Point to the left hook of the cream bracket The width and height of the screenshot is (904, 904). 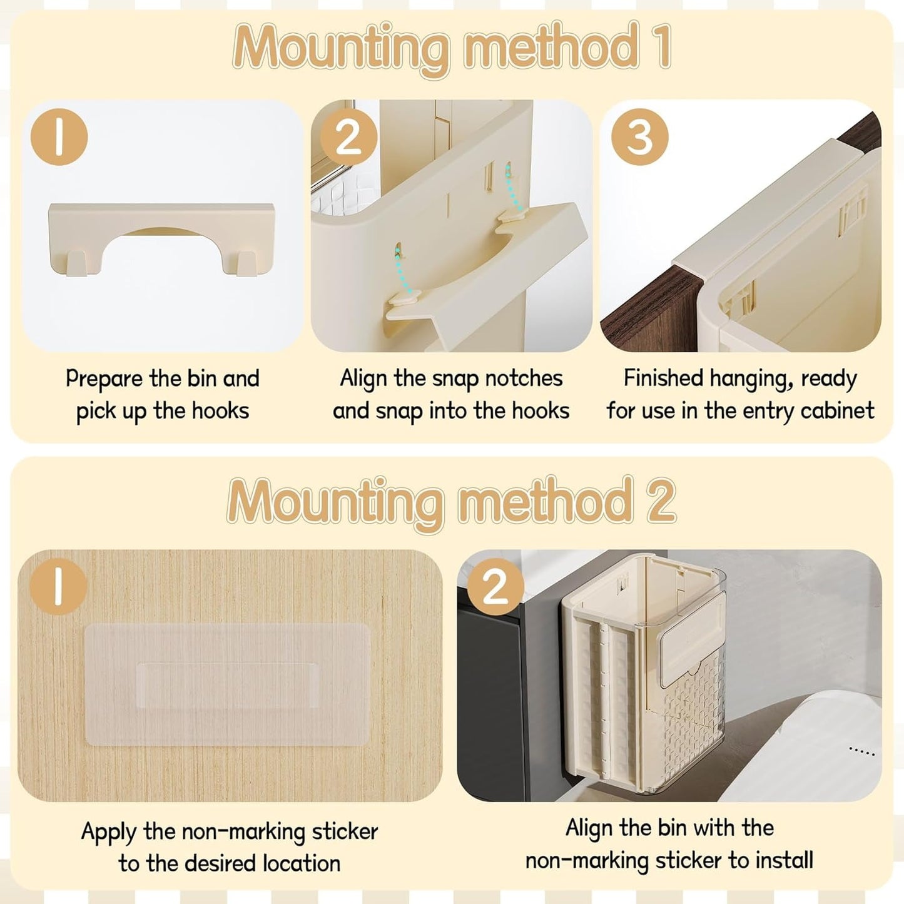(x=77, y=263)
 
